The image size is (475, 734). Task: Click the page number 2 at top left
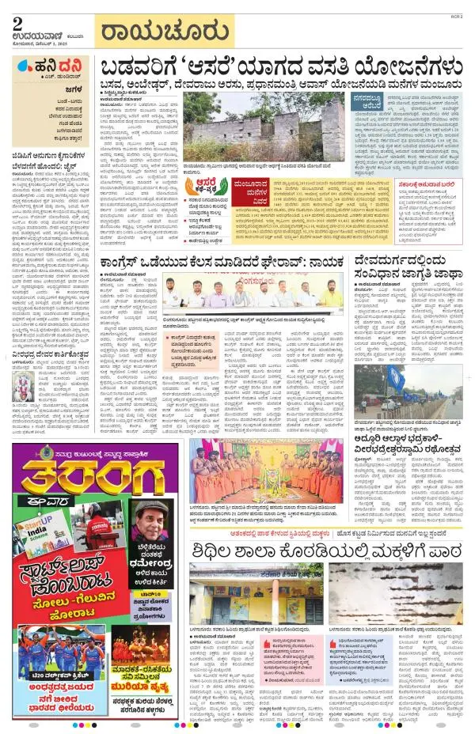click(17, 23)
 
